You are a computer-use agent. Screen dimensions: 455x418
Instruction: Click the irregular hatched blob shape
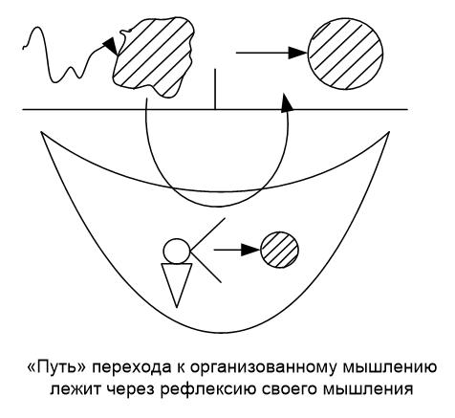155,56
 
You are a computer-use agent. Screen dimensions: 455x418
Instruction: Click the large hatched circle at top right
345,53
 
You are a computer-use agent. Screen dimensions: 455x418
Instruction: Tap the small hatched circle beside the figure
280,250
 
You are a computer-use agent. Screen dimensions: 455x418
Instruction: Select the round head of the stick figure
177,251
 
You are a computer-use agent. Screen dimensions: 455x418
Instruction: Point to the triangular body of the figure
177,280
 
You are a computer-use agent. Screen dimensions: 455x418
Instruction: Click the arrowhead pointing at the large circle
297,53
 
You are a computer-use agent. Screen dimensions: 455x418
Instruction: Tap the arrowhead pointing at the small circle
250,250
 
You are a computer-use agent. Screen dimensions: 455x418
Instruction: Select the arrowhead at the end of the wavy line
111,46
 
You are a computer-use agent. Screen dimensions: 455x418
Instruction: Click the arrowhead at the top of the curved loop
287,102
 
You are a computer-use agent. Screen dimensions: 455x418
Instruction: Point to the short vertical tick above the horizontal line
215,89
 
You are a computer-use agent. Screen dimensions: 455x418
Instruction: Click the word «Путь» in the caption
57,368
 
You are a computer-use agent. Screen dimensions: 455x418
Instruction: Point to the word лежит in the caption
76,389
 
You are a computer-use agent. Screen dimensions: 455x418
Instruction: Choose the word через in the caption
130,390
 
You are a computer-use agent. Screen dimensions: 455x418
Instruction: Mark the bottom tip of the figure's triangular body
177,308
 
